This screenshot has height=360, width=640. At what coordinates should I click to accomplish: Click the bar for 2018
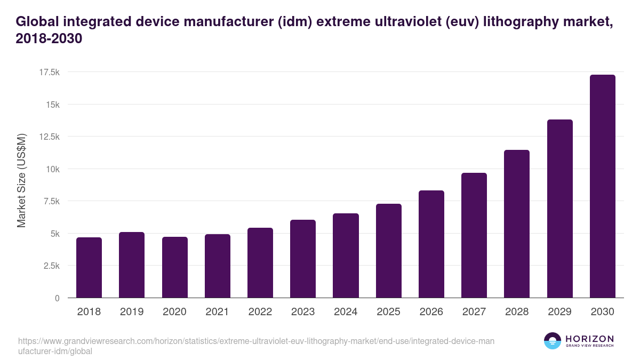point(89,268)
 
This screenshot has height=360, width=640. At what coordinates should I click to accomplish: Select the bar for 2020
point(175,267)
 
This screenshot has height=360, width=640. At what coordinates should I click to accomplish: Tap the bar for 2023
point(303,259)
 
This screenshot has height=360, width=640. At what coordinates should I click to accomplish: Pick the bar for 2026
point(431,244)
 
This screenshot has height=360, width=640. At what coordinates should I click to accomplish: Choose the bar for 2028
point(517,224)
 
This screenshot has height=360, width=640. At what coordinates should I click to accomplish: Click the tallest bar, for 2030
point(603,186)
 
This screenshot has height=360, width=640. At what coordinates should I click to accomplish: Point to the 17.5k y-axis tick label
point(48,72)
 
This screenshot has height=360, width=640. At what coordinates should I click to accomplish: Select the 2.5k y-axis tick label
point(50,266)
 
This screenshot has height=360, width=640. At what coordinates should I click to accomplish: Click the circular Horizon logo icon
point(553,341)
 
